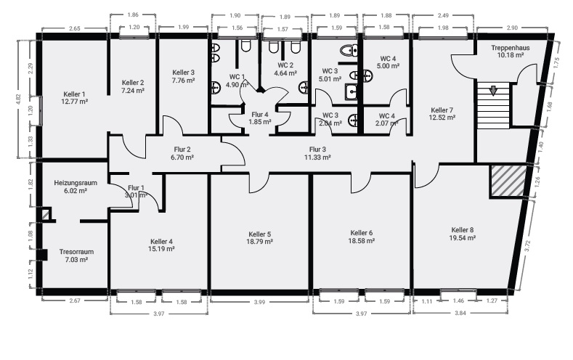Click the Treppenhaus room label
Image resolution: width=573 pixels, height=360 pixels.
tap(510, 48)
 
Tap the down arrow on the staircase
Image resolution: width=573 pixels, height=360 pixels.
tap(493, 91)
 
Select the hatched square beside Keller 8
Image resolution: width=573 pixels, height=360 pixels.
tap(508, 181)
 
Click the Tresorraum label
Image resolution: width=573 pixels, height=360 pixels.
tap(76, 252)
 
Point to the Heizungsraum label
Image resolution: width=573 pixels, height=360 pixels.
tap(76, 183)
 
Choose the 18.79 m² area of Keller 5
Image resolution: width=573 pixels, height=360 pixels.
tap(259, 242)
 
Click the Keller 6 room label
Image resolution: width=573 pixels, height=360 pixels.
tap(362, 233)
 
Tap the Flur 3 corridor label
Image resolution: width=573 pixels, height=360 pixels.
tap(317, 150)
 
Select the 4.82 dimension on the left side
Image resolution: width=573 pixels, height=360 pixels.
tap(19, 99)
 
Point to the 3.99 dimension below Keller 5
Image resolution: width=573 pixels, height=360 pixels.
tap(259, 303)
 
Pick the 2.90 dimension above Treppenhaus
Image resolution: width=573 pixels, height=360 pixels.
tap(512, 28)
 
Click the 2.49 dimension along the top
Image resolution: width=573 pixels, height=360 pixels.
tap(443, 16)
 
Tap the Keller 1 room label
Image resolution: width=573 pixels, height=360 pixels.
tap(74, 94)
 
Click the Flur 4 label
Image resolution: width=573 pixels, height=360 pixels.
tap(260, 115)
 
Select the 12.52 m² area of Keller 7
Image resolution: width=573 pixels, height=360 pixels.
tap(442, 118)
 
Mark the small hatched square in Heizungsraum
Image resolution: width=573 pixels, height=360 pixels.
tap(46, 214)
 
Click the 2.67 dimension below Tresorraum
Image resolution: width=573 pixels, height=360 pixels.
tap(75, 301)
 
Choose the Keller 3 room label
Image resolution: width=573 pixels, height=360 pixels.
tap(183, 73)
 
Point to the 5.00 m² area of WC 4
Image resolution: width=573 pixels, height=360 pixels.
tap(388, 66)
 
